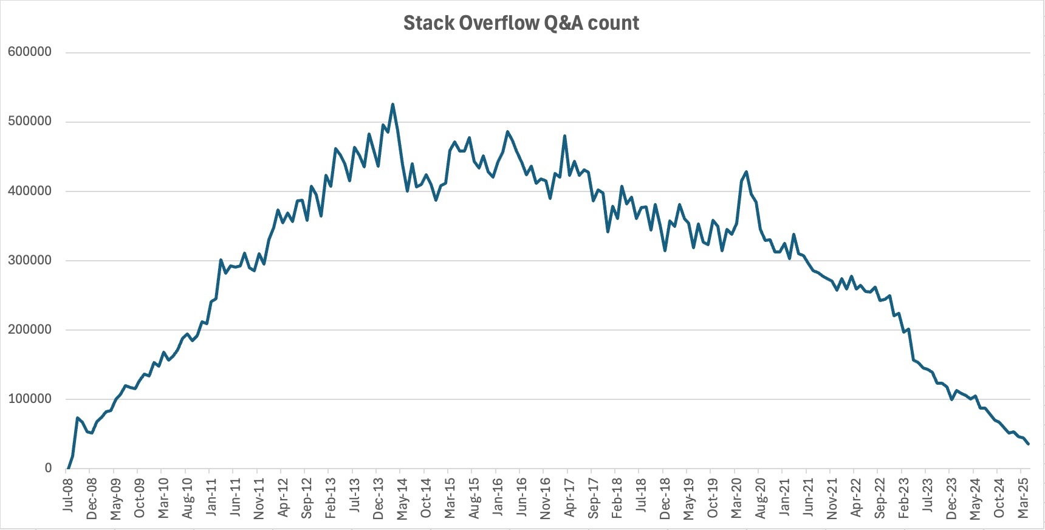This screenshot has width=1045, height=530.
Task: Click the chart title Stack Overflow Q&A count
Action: (521, 23)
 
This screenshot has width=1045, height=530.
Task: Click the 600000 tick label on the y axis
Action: (29, 52)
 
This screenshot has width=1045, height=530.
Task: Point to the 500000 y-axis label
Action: (29, 122)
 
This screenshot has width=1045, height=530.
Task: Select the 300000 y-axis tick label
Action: (29, 260)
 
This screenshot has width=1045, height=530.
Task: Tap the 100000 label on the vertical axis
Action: (29, 399)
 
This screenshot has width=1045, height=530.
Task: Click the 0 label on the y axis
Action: (48, 468)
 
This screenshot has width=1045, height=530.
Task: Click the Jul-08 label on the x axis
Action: (67, 495)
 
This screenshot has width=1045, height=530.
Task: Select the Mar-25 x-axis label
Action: (1023, 498)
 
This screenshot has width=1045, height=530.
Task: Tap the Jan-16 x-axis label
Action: (498, 496)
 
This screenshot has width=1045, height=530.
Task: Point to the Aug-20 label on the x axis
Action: (760, 498)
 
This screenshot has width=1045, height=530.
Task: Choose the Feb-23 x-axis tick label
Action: (903, 498)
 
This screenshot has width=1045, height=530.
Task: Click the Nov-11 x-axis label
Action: (259, 498)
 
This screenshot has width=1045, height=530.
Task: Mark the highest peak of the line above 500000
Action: (392, 105)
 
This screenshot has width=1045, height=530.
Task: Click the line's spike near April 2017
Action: (565, 136)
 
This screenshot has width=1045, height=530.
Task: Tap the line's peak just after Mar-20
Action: (746, 172)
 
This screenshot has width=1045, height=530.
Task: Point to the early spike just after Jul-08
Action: (77, 418)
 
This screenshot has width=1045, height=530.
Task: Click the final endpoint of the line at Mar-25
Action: (1028, 444)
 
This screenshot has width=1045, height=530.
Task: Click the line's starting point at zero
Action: (67, 468)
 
